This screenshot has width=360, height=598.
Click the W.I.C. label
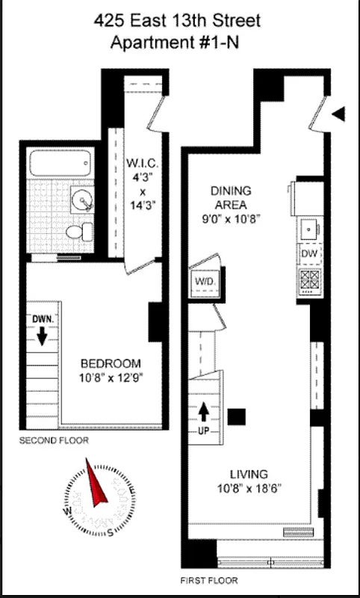141,163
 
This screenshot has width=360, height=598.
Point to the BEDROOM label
111,364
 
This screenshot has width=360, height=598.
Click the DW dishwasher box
309,254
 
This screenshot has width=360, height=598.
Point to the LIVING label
249,473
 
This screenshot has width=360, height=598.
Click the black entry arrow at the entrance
338,114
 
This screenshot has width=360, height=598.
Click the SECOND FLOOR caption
54,441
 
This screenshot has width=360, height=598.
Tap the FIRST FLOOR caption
211,580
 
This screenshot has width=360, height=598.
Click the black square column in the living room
237,416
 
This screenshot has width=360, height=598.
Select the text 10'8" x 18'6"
249,490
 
